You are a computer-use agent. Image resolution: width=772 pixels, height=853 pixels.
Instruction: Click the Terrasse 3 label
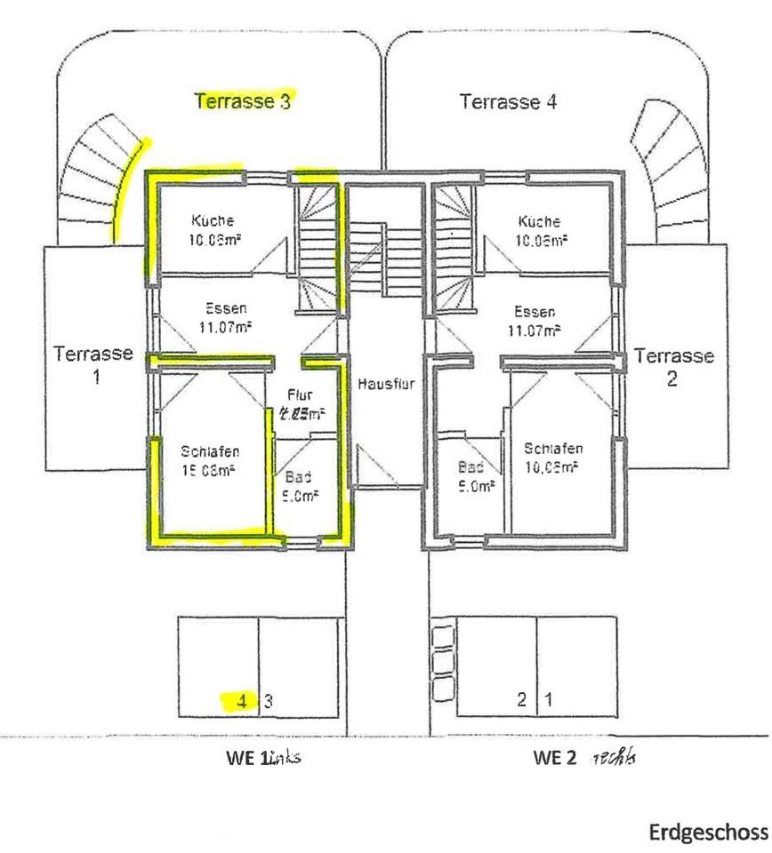(245, 100)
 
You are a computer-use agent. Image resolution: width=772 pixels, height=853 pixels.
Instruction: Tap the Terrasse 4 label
(509, 101)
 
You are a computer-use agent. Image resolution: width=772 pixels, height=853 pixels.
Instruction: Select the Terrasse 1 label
(93, 363)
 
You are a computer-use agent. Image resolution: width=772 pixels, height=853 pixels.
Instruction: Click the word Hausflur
(387, 385)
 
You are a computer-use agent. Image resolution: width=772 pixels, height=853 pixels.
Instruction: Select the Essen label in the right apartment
(535, 313)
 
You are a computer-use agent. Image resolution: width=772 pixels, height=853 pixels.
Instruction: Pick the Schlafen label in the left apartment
(213, 450)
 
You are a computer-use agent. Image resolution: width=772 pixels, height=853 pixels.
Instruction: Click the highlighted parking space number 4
(241, 700)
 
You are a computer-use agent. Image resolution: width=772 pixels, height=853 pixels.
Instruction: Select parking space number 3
(268, 700)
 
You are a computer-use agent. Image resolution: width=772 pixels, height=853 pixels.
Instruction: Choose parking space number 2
(522, 699)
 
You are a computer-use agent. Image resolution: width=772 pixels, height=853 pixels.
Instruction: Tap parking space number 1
(549, 699)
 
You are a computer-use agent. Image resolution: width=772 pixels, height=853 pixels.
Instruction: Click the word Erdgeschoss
(708, 833)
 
